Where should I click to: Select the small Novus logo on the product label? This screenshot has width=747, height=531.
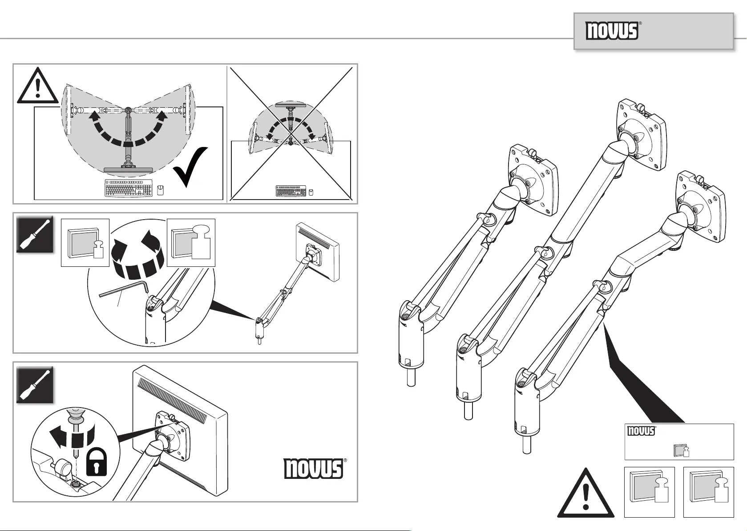point(641,431)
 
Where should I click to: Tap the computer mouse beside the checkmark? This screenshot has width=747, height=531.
point(161,190)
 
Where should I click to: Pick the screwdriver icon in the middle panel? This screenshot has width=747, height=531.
point(35,234)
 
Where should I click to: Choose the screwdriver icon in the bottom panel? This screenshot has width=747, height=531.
point(35,385)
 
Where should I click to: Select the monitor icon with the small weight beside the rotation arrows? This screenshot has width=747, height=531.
point(85,243)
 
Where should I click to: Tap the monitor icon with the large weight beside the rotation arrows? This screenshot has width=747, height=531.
point(191,243)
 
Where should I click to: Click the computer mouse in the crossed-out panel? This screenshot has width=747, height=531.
point(311,192)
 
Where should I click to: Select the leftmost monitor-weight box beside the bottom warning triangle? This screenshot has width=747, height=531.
point(650,492)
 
